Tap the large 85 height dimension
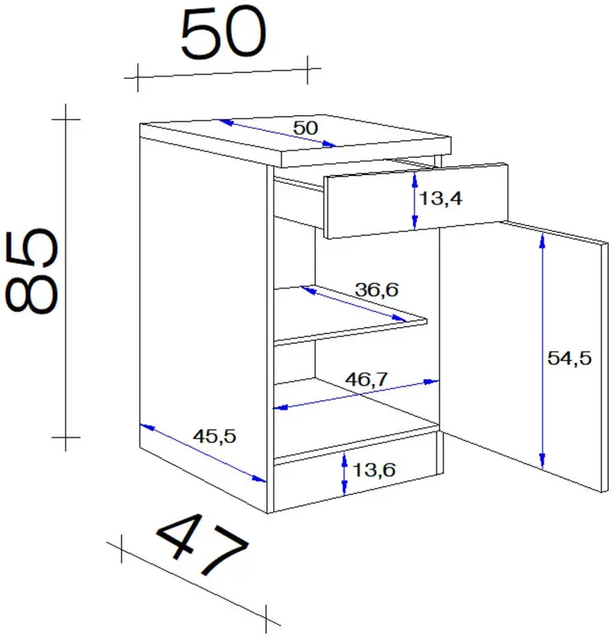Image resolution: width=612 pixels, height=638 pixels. [32, 271]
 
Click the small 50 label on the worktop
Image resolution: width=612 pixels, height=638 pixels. [305, 128]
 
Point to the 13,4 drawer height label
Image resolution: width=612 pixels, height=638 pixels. [441, 199]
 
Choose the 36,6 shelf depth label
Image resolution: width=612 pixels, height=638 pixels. [377, 289]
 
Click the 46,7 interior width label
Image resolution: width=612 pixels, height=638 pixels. [367, 379]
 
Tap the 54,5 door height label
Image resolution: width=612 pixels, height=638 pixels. [569, 358]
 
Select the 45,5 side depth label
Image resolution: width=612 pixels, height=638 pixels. [214, 437]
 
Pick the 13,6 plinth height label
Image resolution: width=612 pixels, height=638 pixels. [373, 470]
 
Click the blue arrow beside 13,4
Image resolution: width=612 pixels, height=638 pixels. [415, 201]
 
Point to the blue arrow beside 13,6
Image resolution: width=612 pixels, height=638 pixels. [345, 474]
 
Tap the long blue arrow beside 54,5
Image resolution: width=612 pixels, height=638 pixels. [542, 352]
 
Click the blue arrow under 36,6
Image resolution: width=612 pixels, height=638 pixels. [353, 304]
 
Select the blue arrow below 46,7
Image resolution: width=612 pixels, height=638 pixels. [356, 395]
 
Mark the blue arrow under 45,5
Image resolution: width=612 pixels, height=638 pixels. [203, 453]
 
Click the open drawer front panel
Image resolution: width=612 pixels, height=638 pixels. [415, 201]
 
